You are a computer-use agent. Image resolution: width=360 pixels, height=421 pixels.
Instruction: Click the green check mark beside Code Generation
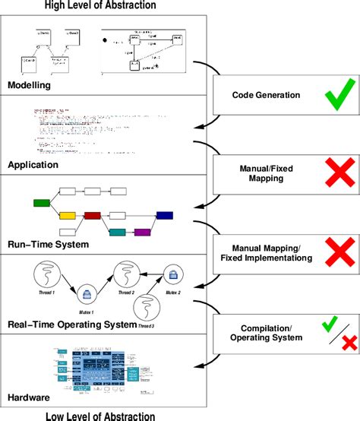click(332, 97)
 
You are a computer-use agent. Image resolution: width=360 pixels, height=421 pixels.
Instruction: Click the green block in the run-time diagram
click(42, 203)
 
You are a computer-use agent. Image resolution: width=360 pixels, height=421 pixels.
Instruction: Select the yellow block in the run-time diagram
click(67, 217)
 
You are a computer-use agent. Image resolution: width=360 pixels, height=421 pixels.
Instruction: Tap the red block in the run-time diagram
click(93, 217)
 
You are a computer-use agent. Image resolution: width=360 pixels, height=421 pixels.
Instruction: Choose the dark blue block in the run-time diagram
click(165, 217)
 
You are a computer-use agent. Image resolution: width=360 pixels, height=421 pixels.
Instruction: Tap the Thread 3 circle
click(147, 309)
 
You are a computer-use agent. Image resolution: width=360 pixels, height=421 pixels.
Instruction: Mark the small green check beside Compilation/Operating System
click(329, 324)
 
